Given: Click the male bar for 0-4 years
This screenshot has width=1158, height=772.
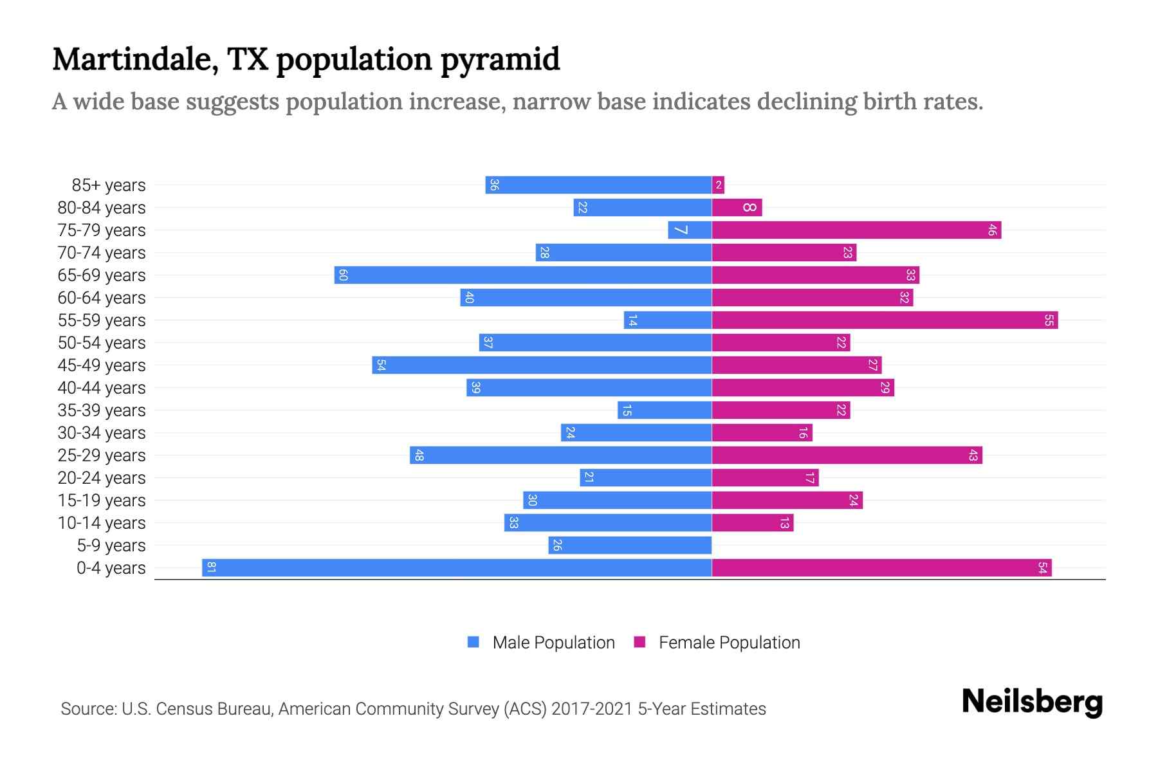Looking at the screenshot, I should point(457,567).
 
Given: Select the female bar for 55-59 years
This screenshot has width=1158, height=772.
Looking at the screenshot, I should point(885,320).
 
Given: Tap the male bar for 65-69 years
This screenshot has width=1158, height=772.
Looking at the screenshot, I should point(522,275).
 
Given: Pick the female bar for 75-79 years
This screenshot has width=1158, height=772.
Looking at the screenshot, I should point(856,230).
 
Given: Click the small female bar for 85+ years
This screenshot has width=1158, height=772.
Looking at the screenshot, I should point(718,185).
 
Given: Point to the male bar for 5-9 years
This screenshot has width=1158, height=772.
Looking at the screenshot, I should point(630,545).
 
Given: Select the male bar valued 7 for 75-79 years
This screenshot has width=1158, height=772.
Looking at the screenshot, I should point(690,230).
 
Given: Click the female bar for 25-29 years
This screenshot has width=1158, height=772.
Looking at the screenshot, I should point(847,455).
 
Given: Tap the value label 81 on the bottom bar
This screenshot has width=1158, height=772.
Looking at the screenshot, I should point(211,567).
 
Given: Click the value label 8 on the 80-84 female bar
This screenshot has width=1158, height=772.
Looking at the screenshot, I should point(749,207).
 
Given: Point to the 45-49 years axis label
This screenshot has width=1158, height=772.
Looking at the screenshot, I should point(102,365).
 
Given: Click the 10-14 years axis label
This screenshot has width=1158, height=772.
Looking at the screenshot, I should point(102,523).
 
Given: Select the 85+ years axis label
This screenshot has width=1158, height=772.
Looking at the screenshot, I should point(108,185).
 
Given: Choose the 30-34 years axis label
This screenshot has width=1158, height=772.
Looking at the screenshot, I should point(102,433).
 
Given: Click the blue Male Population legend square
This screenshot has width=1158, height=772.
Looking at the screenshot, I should point(473,642).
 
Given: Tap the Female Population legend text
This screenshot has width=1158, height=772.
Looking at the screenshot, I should point(729,642).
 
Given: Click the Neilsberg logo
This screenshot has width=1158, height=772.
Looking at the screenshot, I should point(1032,702).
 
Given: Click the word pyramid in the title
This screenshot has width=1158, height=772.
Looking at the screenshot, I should point(500,60).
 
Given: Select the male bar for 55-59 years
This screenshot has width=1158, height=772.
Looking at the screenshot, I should point(667,320).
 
